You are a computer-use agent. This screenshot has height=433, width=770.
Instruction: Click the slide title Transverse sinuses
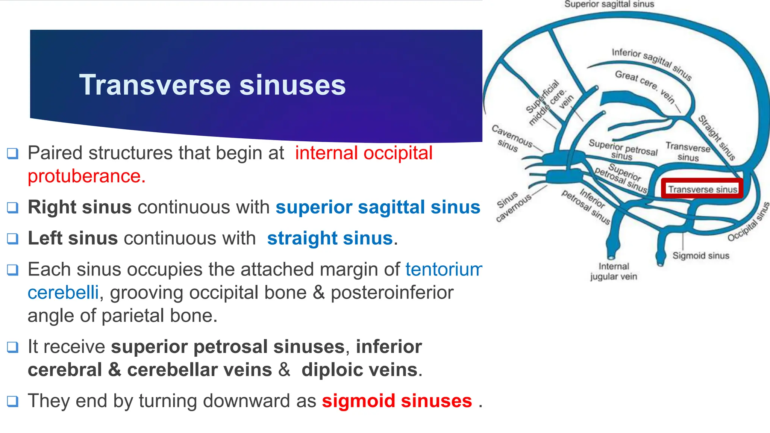[x=212, y=85]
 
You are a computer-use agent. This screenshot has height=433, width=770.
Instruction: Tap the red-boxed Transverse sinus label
[x=702, y=189]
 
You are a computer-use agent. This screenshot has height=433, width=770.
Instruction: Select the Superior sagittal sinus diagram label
[x=609, y=5]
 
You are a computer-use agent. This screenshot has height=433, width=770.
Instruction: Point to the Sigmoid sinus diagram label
[x=700, y=256]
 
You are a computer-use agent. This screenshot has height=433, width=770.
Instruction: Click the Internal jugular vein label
[x=614, y=271]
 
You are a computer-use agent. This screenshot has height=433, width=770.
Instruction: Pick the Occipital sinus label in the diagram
[x=748, y=222]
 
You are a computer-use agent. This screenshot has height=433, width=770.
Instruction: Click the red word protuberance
[x=86, y=176]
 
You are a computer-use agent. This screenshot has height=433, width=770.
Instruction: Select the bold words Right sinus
[x=80, y=207]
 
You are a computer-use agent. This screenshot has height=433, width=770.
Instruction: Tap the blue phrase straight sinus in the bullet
[x=330, y=239]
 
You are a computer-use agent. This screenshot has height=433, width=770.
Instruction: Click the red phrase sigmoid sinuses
[x=397, y=401]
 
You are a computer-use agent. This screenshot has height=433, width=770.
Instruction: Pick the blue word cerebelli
[x=63, y=293]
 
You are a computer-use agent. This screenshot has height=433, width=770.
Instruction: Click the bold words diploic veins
[x=359, y=370]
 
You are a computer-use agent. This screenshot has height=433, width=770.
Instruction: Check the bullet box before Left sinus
[x=13, y=239]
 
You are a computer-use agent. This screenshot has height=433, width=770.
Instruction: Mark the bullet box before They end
[x=13, y=401]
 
